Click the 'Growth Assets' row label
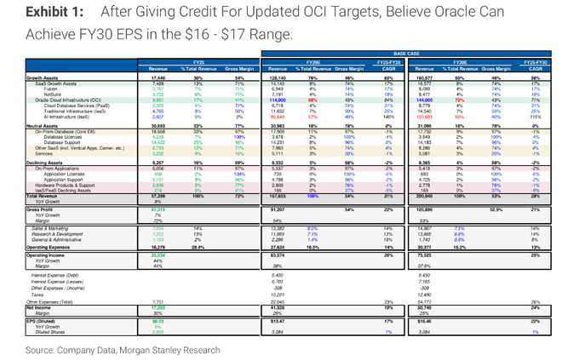click(49, 77)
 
